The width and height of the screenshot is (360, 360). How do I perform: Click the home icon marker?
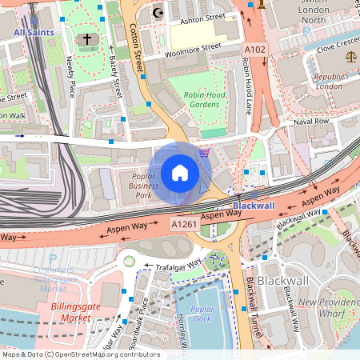[x=180, y=173]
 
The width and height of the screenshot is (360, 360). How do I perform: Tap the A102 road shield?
[x=255, y=50]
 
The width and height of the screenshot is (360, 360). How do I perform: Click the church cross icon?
[x=87, y=39]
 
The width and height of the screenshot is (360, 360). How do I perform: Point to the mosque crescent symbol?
[x=158, y=13]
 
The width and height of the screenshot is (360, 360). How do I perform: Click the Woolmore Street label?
[x=192, y=50]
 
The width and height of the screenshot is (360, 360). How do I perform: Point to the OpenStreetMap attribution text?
[x=80, y=354]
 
